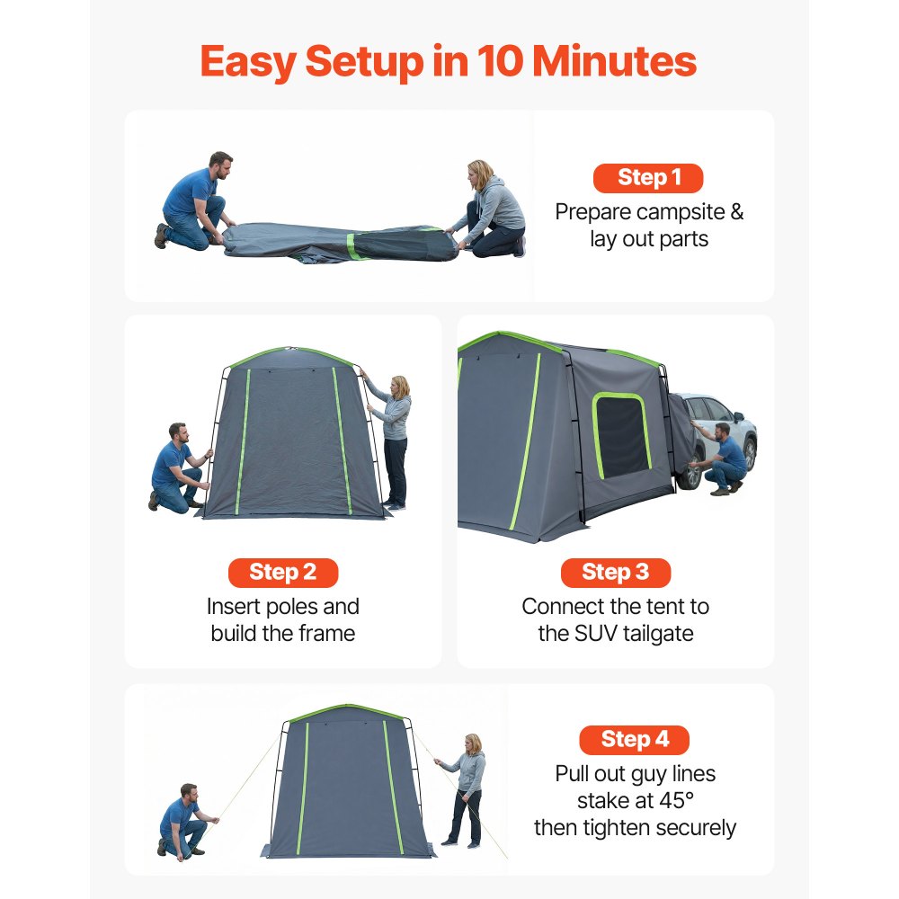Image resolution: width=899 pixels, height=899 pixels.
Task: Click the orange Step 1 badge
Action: [x=647, y=178]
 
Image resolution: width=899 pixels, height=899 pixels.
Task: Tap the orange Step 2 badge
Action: [x=282, y=573]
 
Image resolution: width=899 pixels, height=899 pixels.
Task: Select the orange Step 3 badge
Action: [x=615, y=573]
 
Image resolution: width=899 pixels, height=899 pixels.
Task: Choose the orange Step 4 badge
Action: [x=634, y=740]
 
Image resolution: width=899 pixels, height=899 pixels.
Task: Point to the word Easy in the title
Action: [x=247, y=61]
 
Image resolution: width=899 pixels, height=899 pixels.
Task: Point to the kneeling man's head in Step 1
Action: [x=220, y=165]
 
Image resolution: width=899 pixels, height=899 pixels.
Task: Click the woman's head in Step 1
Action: [x=480, y=172]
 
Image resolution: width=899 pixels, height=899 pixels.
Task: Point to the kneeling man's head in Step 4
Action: [x=188, y=795]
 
